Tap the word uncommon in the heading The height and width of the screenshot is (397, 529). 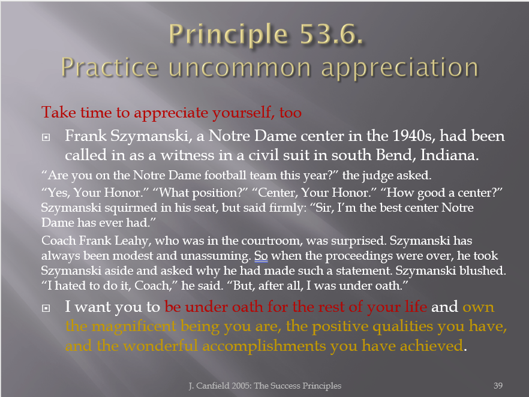click(239, 67)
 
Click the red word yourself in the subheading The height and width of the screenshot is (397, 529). click(241, 113)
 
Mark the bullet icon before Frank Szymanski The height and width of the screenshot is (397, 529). click(46, 137)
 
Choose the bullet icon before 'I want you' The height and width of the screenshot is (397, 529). click(46, 308)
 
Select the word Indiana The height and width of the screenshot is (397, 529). click(449, 155)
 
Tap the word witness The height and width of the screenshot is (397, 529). click(187, 155)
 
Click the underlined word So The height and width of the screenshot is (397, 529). click(261, 255)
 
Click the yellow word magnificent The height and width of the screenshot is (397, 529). click(134, 326)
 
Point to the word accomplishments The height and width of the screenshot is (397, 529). click(264, 347)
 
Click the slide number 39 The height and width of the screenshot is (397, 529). click(498, 386)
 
